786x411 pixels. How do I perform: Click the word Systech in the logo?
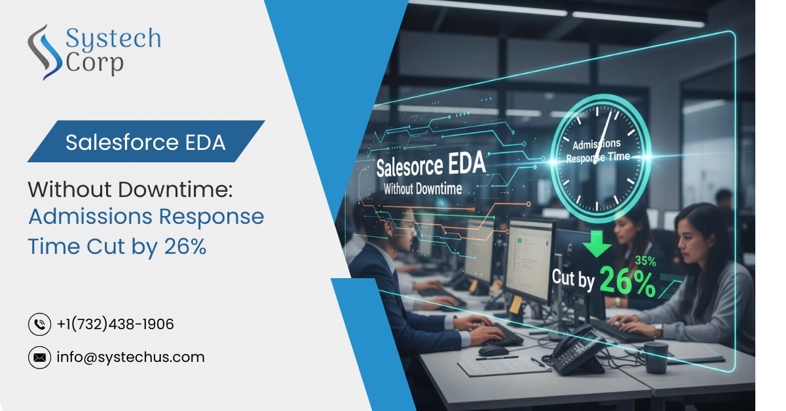(113, 39)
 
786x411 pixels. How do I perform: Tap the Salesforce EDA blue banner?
(145, 142)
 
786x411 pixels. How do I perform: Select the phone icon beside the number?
(40, 324)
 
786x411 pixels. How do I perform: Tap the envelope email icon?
(40, 357)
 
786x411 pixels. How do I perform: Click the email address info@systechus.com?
(131, 357)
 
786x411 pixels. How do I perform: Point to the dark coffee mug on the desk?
(656, 357)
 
